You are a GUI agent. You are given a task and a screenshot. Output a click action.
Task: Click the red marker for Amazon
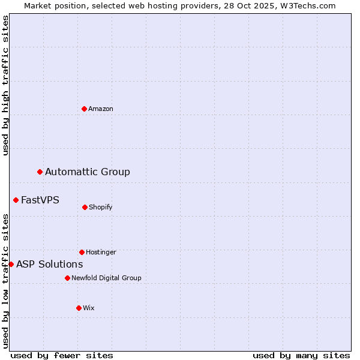pos(84,109)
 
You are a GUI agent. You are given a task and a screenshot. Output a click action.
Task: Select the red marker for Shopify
pos(85,207)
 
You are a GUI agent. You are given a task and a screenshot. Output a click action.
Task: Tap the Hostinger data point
pos(82,252)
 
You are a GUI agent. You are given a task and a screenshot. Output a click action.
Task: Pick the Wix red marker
pos(79,308)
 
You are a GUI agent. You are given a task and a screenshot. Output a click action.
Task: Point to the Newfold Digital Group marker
pos(67,278)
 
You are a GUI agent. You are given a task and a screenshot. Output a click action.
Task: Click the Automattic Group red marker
pos(40,172)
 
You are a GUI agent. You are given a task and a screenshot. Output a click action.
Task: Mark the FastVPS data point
pos(16,200)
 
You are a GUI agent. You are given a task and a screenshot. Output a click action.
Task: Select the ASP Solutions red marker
pos(11,264)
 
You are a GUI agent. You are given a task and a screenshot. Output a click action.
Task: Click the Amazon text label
pos(101,109)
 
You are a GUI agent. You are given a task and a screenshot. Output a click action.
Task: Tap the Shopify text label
pos(101,208)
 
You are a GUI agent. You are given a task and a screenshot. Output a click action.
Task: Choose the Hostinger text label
pos(101,253)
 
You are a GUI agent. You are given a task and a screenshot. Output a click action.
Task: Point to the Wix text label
pos(89,308)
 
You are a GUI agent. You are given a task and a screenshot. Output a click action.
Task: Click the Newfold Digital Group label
pos(106,278)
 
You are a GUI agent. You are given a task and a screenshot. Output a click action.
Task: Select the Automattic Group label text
pos(88,172)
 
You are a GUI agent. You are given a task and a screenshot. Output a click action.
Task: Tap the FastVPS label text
pos(40,200)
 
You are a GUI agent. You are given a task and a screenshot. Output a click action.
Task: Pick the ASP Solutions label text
pos(50,265)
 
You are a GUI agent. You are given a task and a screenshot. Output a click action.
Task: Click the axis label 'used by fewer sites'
pos(62,355)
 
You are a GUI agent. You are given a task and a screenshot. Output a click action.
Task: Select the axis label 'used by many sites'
pos(301,355)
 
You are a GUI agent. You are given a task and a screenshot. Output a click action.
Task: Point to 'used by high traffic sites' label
pos(5,85)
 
